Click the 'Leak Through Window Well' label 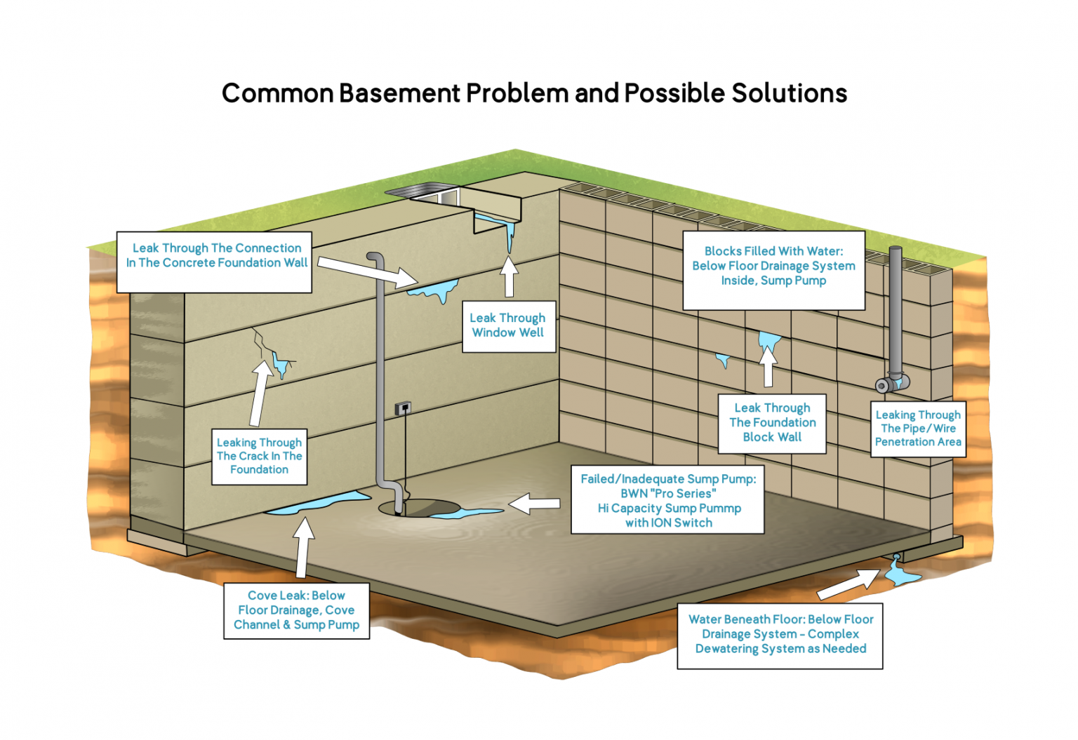click(508, 326)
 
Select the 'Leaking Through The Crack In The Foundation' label click(259, 456)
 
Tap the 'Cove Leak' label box click(296, 610)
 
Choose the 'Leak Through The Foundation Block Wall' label click(772, 423)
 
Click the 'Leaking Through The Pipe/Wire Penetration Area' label click(918, 429)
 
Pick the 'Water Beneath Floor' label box click(780, 634)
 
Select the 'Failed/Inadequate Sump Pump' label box click(667, 500)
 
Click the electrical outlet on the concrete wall click(403, 408)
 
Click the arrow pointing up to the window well click(510, 276)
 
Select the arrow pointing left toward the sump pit click(535, 503)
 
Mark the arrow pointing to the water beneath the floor click(849, 584)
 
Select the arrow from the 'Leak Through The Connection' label click(366, 272)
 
